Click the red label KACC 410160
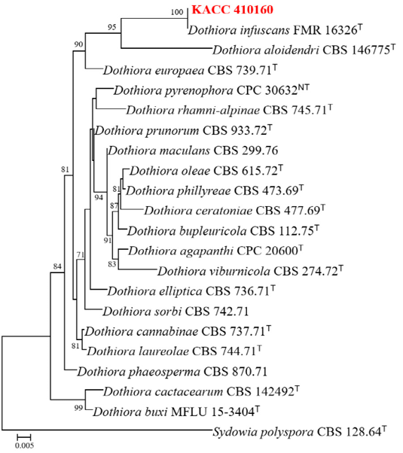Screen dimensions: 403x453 click(x=233, y=10)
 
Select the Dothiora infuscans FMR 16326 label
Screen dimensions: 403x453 click(x=275, y=30)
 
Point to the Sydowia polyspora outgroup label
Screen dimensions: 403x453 click(x=300, y=432)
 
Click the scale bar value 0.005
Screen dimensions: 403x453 click(x=24, y=445)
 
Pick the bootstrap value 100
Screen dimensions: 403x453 click(x=177, y=12)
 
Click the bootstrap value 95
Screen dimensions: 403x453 click(x=112, y=27)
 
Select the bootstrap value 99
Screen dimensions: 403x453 click(x=78, y=408)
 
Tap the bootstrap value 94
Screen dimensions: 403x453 click(x=99, y=198)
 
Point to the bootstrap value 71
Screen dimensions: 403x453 click(x=80, y=255)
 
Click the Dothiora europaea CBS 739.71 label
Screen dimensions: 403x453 click(x=190, y=70)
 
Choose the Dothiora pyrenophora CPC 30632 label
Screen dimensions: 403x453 click(x=212, y=90)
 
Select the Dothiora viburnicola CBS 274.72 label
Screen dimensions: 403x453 click(x=250, y=271)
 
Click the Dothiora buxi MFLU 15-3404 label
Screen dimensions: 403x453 click(x=176, y=412)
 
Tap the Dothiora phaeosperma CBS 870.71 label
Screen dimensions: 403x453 click(x=172, y=372)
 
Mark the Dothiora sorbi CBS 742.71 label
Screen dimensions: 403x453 click(x=176, y=312)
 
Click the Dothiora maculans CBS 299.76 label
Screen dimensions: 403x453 click(x=193, y=150)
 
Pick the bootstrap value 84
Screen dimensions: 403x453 click(x=57, y=266)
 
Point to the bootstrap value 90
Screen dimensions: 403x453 click(x=78, y=44)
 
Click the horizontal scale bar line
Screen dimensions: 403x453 click(x=23, y=436)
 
